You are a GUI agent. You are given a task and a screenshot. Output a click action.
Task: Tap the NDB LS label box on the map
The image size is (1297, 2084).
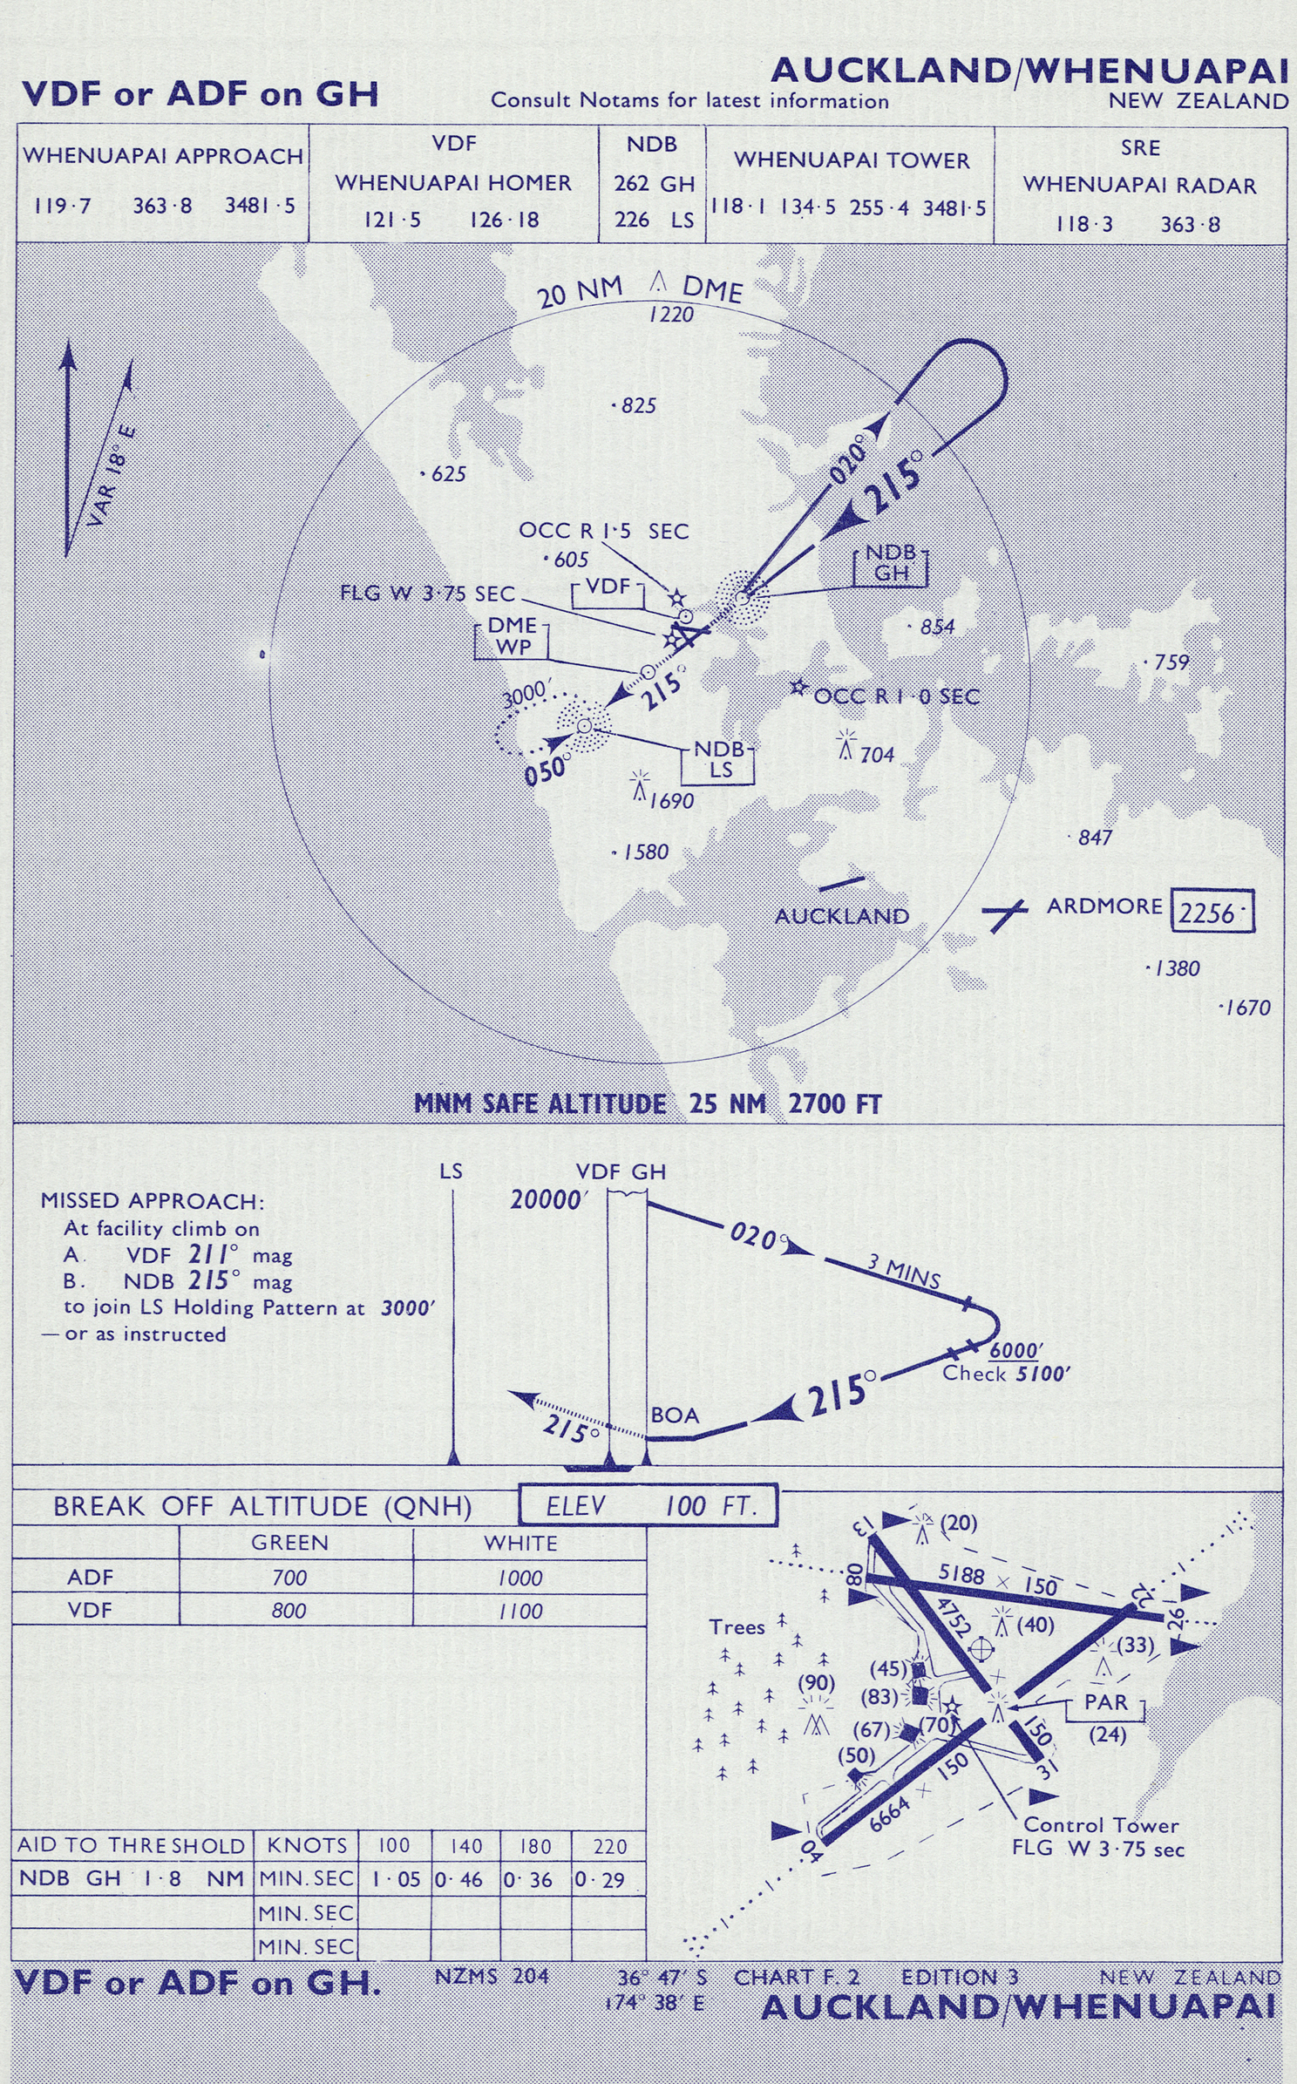719,760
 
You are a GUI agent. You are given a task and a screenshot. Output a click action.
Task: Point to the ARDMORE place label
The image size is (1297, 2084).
1104,906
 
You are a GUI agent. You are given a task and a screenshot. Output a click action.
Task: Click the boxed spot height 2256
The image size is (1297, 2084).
1212,912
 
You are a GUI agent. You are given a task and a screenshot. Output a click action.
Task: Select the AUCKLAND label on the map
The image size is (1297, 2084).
841,916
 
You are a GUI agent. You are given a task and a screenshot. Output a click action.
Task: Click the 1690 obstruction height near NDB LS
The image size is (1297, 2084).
671,801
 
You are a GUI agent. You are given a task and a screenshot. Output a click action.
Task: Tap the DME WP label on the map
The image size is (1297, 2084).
513,637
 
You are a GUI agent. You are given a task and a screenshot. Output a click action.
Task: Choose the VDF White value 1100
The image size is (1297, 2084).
520,1611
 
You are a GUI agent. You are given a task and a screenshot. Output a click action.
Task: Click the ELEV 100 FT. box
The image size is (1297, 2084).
648,1505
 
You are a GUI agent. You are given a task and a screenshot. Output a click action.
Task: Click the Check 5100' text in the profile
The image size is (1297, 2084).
1006,1375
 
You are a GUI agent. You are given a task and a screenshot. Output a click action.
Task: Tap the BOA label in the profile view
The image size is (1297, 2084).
675,1415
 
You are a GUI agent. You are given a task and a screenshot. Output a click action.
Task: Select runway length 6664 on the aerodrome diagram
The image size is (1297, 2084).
889,1801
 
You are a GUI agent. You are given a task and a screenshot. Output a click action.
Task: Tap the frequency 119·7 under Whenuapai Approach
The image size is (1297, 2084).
63,207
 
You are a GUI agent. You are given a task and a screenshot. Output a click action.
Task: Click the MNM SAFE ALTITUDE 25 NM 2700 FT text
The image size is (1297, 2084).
648,1104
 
